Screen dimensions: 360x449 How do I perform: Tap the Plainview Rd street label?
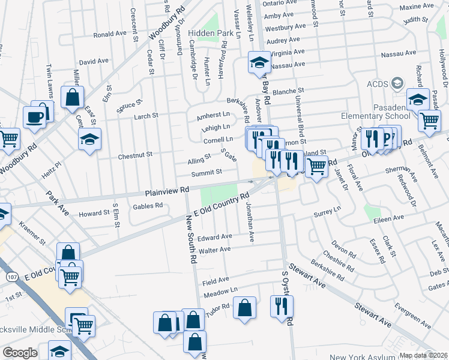tap(167, 191)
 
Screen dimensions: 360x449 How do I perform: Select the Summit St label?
tap(206, 172)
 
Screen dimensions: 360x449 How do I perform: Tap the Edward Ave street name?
tap(215, 237)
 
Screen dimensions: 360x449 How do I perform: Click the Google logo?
tap(20, 353)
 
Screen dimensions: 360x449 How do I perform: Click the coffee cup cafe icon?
tap(35, 116)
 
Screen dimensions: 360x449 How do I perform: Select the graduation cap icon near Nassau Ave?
tap(259, 62)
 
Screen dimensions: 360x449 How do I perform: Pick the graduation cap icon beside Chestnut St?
tap(90, 140)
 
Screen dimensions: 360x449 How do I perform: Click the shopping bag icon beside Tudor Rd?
tap(245, 308)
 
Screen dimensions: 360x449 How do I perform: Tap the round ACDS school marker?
tap(397, 83)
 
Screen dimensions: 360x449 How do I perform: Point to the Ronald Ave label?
tap(110, 35)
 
